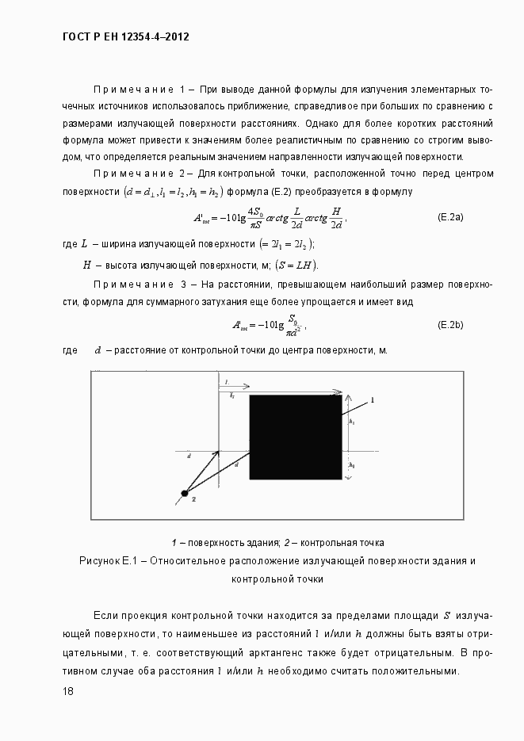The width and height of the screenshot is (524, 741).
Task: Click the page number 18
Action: point(68,692)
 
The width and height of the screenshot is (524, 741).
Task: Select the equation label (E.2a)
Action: point(450,216)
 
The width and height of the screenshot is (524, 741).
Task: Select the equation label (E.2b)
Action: point(450,325)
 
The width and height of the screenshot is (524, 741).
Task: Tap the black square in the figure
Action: point(296,437)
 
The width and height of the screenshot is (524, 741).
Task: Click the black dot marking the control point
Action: point(185,494)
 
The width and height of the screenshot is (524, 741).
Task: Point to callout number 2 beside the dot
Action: point(193,499)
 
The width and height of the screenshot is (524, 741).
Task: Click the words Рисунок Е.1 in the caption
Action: point(109,561)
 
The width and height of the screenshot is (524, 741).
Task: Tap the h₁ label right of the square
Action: point(351,422)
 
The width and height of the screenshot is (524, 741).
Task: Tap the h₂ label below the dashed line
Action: point(351,464)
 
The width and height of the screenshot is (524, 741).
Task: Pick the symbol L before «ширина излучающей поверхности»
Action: point(85,244)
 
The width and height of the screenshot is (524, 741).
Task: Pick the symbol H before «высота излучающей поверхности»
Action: point(87,265)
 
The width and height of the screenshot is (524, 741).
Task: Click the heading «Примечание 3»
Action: point(139,285)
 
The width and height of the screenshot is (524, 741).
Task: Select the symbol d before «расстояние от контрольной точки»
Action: point(98,349)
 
